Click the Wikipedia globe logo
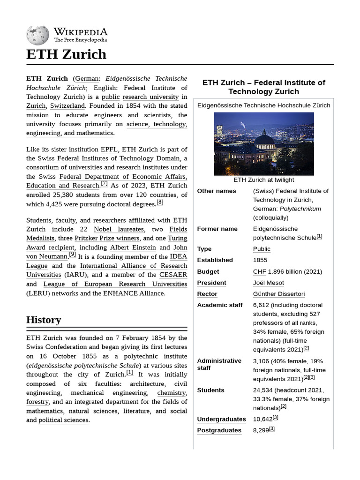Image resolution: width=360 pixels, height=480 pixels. click(x=37, y=35)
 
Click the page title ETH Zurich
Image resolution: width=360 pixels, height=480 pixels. click(x=66, y=54)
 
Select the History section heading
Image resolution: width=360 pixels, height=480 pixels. click(x=44, y=320)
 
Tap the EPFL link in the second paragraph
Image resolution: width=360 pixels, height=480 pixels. click(x=109, y=150)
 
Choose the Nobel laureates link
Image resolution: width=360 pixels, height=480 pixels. click(x=119, y=229)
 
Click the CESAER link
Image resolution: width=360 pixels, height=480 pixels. click(x=173, y=275)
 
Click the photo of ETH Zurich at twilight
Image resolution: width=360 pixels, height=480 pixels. click(x=263, y=143)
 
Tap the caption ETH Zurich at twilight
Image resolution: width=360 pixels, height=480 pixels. click(x=263, y=180)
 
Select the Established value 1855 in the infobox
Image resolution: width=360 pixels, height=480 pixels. click(x=260, y=260)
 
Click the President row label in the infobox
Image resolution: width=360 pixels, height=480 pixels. click(x=211, y=283)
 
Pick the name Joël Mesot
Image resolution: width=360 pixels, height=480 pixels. click(x=268, y=283)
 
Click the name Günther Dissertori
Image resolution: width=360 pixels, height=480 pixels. click(x=278, y=294)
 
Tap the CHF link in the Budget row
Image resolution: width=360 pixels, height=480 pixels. click(x=259, y=272)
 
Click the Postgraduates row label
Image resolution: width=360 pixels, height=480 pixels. click(x=219, y=430)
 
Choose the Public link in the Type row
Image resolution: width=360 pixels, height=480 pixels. click(x=262, y=249)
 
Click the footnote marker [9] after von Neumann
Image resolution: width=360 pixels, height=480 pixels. click(x=72, y=255)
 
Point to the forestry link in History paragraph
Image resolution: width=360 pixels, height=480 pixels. click(x=37, y=402)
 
